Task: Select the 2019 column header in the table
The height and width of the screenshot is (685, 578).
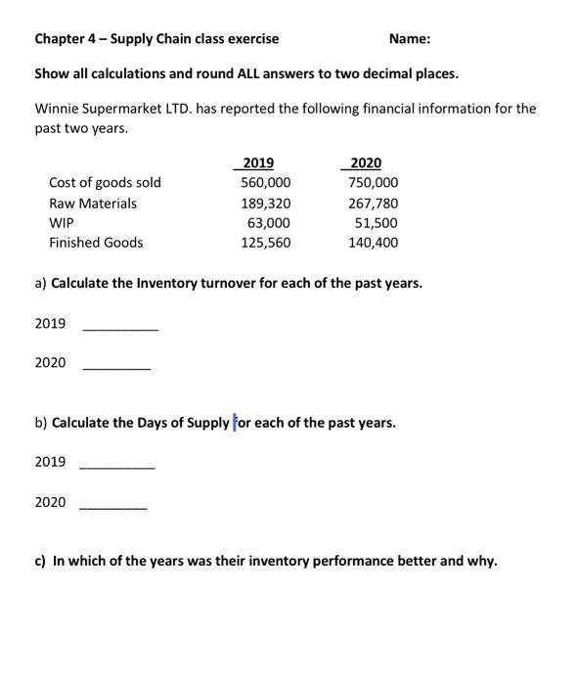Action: point(258,163)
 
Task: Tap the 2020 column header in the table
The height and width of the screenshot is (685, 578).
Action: point(366,163)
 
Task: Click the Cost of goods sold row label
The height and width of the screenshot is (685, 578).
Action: point(105,183)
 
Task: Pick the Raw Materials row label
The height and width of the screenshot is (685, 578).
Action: point(93,204)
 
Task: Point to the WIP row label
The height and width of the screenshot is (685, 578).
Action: point(62,223)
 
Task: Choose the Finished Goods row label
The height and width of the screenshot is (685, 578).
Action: point(96,243)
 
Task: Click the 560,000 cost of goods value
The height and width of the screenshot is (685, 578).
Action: point(266,183)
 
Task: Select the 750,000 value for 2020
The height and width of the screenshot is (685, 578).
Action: point(374,183)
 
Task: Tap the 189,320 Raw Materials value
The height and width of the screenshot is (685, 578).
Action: point(266,204)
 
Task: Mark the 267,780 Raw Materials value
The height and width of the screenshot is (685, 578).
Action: point(374,204)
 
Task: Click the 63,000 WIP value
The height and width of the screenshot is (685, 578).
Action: point(271,223)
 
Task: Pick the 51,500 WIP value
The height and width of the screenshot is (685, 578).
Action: point(378,223)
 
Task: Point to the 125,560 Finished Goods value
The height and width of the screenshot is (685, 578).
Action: point(266,243)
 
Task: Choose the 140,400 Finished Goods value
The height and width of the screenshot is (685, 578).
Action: point(374,243)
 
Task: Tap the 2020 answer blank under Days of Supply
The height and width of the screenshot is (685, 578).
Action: point(113,508)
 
